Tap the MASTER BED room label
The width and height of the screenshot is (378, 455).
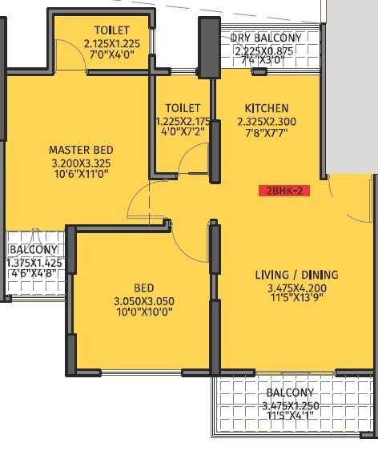81,150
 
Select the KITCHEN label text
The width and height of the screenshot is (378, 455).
267,108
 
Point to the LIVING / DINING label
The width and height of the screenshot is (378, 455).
296,275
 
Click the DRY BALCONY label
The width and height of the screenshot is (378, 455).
266,38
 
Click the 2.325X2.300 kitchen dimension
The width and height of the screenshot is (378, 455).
267,122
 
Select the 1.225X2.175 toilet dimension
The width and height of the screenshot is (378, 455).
183,122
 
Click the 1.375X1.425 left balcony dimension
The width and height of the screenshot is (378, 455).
34,262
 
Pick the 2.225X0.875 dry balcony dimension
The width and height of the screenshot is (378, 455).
266,50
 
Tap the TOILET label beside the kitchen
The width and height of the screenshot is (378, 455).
183,108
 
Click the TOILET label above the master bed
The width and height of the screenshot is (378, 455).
111,30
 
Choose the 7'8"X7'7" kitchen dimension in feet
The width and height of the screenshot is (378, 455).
267,135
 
